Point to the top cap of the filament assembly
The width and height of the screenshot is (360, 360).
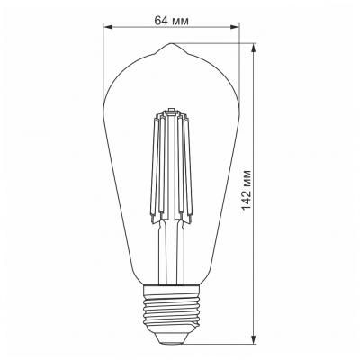pos(175,112)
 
